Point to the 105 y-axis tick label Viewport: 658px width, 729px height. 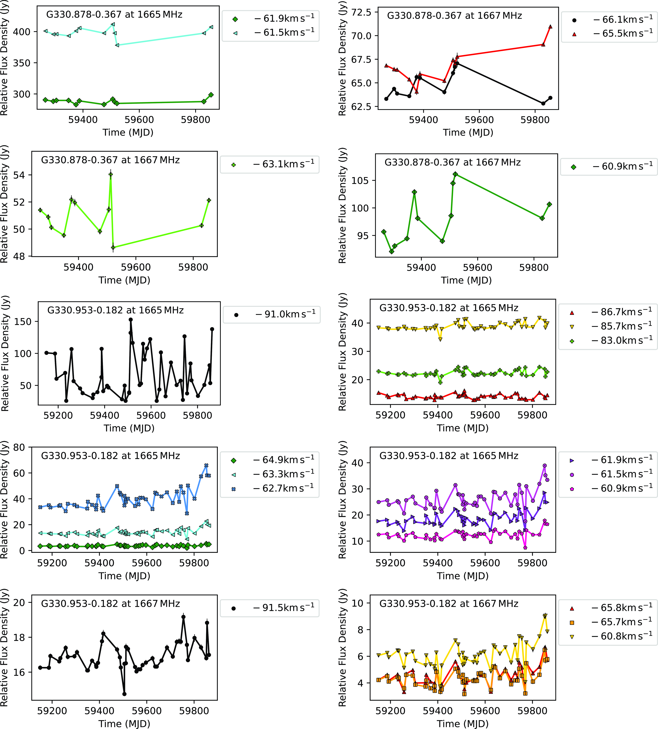(x=360, y=181)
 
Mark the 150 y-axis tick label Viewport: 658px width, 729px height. (x=23, y=322)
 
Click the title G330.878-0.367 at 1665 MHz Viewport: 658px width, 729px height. (x=114, y=14)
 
